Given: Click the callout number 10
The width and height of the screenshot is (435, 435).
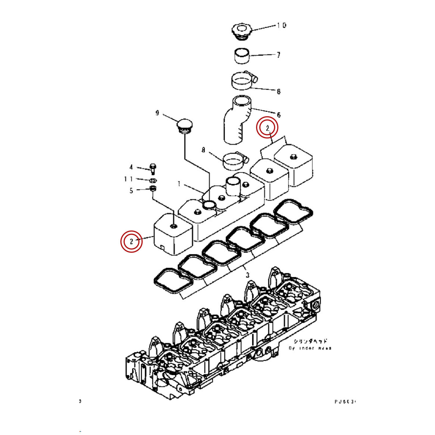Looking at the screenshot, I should pos(281,26).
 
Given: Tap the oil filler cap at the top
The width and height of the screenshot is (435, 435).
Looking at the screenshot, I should pos(241,31).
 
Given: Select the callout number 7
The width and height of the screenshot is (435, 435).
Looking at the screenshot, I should pos(278,55).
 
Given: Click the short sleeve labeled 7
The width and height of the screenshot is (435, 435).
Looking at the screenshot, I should pos(242,56).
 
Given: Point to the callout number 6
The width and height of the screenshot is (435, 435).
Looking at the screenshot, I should pos(279,115).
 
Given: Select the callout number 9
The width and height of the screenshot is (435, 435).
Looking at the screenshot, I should pos(157,113).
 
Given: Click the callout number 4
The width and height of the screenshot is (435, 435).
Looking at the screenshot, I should pos(131,167).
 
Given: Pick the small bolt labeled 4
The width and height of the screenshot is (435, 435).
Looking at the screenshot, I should pos(153,168).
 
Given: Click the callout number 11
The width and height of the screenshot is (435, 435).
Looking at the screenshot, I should pos(128,179).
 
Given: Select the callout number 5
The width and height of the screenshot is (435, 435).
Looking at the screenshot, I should pos(131,191).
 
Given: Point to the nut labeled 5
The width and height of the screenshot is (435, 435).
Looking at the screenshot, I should pos(153,189).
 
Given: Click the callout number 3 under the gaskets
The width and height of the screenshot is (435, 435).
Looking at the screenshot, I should pos(247,275).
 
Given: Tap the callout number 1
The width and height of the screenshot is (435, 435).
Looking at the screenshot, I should pos(179,184).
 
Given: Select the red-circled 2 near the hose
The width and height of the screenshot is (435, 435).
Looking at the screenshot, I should pos(267,127).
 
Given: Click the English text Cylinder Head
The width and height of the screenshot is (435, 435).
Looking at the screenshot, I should pos(310,348).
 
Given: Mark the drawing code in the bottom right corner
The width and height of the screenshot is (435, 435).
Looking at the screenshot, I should pos(345,402).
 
